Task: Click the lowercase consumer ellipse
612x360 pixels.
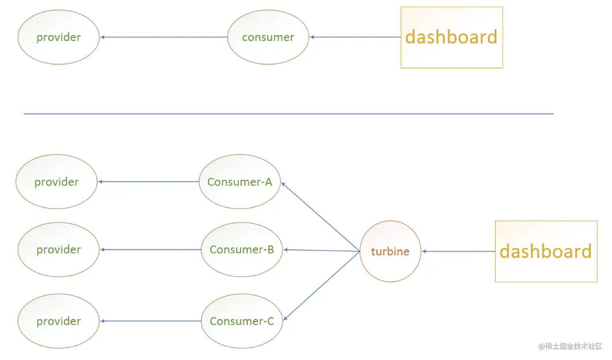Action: [x=268, y=37]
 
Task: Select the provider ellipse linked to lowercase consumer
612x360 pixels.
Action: [x=58, y=37]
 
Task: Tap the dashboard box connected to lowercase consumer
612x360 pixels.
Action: [x=452, y=37]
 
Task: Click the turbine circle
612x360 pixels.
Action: [x=390, y=251]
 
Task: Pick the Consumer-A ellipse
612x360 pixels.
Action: [x=240, y=182]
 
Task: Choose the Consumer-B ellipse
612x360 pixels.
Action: [x=242, y=250]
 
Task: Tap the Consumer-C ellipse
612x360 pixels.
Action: [x=242, y=321]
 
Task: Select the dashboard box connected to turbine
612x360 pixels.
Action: [x=546, y=251]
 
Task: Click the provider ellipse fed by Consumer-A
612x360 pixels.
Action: [x=57, y=182]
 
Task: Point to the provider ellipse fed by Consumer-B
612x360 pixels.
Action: [x=58, y=250]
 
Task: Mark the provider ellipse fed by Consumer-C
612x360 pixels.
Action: [x=58, y=321]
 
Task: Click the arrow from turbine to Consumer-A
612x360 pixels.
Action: [x=320, y=217]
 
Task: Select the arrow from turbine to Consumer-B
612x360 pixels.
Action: [x=322, y=250]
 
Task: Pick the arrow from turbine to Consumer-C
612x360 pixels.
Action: [x=322, y=286]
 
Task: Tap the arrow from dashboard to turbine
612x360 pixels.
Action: [x=458, y=251]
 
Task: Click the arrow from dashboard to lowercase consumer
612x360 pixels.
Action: [x=355, y=37]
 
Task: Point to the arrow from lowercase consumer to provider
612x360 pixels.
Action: [x=164, y=37]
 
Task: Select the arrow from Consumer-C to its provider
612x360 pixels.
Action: [x=150, y=321]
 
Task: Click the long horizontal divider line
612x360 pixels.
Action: [x=289, y=114]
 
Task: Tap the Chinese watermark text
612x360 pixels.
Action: [x=570, y=346]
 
